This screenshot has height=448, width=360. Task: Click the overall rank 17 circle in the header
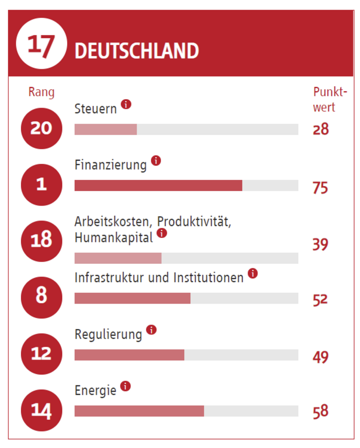41,44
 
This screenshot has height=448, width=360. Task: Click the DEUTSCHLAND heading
136,51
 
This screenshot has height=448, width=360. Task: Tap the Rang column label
41,92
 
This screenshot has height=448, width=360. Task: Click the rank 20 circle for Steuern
41,128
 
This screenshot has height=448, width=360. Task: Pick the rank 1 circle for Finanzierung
41,185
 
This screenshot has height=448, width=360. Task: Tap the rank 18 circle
41,241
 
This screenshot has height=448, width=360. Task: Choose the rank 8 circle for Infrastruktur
41,297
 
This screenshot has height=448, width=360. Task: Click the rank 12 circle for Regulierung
41,353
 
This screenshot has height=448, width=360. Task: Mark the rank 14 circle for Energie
41,410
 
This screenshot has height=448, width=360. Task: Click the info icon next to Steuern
126,105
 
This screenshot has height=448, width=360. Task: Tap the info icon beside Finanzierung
156,161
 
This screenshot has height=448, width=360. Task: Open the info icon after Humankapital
162,233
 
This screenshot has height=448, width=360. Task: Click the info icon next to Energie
125,386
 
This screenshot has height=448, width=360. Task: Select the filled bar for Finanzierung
158,186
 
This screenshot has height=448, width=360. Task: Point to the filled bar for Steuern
106,129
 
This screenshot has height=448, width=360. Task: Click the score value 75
321,188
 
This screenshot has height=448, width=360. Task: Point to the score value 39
321,244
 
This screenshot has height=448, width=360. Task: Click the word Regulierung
108,335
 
